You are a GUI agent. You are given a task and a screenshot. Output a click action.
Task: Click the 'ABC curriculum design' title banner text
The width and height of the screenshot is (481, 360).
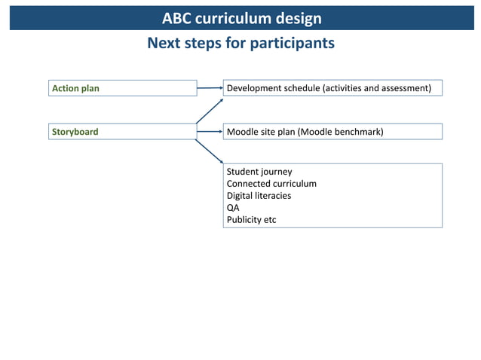tap(241, 18)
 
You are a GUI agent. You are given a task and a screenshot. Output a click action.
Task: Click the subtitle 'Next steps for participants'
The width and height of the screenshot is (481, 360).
tap(240, 43)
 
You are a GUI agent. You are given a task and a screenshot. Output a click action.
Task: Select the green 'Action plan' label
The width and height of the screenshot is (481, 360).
tap(75, 88)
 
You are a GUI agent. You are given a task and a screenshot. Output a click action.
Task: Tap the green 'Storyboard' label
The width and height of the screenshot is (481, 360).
tap(75, 132)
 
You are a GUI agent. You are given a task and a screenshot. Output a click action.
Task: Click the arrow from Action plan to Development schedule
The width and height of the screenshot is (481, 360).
tap(210, 88)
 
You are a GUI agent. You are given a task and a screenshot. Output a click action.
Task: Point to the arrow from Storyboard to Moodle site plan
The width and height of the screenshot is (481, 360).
tap(210, 132)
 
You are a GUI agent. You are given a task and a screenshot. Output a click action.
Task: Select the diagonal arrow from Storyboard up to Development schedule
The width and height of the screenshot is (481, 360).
tap(210, 111)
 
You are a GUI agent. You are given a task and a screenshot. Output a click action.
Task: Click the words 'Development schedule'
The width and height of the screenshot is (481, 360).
tap(273, 88)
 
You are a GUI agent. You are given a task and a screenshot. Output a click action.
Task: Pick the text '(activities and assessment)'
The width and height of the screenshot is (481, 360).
tap(377, 88)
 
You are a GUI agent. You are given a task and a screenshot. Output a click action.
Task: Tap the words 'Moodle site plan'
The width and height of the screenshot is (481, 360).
tap(261, 132)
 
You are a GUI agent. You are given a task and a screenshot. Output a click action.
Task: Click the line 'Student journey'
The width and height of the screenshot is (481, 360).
tap(259, 172)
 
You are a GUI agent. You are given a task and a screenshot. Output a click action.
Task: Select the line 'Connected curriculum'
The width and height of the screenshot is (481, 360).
tap(271, 184)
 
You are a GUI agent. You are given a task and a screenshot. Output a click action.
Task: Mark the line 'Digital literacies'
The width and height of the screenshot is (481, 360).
tap(259, 196)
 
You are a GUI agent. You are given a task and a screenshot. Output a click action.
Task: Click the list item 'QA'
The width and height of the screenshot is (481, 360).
tap(233, 208)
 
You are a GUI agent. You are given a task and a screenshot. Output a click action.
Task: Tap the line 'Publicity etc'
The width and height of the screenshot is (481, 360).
tap(251, 220)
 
